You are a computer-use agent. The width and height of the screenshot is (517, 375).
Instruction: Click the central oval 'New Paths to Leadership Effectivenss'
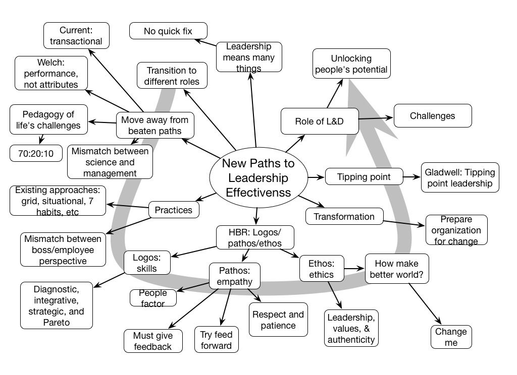click(258, 178)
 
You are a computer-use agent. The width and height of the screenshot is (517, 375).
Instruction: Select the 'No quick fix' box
click(168, 31)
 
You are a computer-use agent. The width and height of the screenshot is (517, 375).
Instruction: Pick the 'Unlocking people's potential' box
click(351, 64)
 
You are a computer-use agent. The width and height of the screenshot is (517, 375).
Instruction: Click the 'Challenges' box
click(432, 116)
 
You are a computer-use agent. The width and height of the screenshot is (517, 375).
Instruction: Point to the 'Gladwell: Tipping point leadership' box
click(459, 177)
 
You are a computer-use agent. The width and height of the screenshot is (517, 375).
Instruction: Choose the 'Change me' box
click(451, 337)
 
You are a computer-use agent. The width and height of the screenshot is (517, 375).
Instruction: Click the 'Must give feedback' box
click(153, 341)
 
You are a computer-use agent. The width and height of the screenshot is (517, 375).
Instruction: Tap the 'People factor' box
click(153, 298)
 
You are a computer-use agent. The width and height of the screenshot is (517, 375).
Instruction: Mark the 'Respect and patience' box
click(278, 320)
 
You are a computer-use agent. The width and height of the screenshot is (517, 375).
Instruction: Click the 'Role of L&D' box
click(319, 121)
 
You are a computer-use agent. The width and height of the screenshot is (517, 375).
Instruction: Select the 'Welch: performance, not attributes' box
click(51, 73)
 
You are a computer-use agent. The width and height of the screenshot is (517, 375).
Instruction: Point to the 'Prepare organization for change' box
click(456, 230)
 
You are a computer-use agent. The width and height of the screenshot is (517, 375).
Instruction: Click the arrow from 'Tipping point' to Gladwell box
click(412, 177)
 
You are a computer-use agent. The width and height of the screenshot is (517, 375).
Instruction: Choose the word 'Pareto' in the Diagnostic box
click(57, 322)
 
